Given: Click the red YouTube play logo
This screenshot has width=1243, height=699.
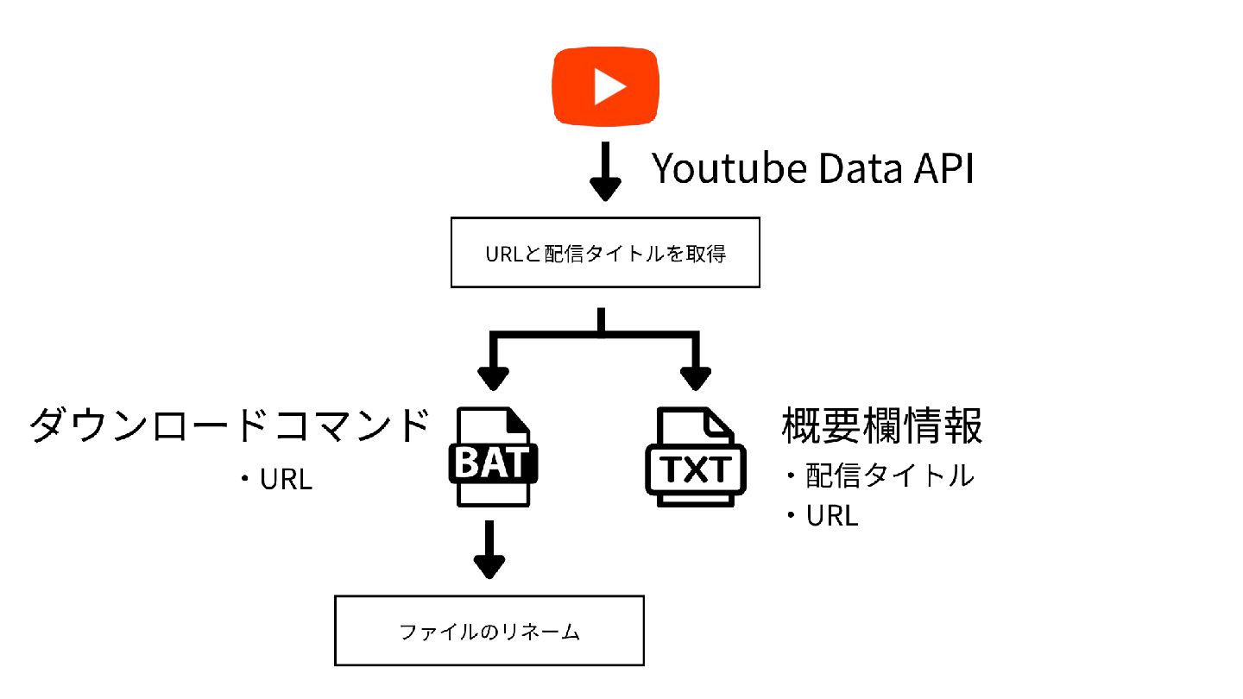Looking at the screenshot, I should tap(605, 85).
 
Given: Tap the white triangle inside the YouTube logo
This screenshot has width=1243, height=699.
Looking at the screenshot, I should tap(609, 86).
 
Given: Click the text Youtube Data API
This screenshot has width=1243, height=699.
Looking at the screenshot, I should tap(812, 169).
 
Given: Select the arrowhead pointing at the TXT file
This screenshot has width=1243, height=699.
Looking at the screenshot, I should tap(695, 377).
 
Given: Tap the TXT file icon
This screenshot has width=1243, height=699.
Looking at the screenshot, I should tap(695, 457).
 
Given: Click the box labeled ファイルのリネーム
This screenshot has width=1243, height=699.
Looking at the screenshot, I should tap(489, 631).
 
